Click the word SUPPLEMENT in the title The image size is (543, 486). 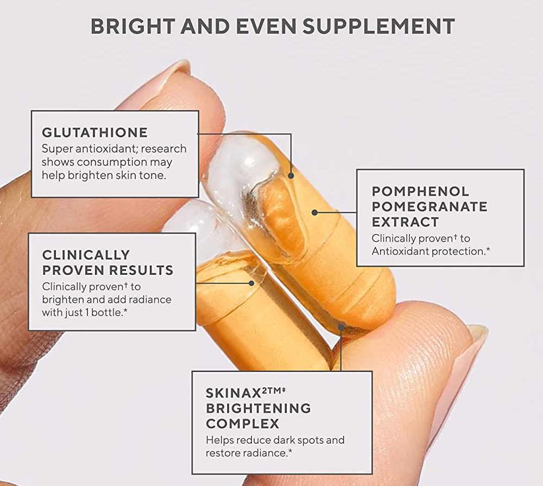point(378,26)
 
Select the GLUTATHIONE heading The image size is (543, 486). point(95,132)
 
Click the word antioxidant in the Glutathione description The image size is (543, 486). point(105,149)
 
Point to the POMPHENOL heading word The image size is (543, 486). point(420,191)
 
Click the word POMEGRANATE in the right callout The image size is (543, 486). point(430,206)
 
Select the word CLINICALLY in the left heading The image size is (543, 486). point(86,255)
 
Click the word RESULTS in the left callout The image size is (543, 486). point(141,270)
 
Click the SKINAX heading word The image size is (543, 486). point(233,393)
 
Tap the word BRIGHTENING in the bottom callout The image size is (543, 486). point(258,408)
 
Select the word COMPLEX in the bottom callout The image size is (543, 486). point(242,424)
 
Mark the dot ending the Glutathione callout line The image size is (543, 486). point(291,175)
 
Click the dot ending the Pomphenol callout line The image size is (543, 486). point(314,212)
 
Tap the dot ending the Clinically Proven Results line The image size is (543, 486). point(251,283)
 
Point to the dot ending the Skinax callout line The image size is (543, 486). point(341,327)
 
